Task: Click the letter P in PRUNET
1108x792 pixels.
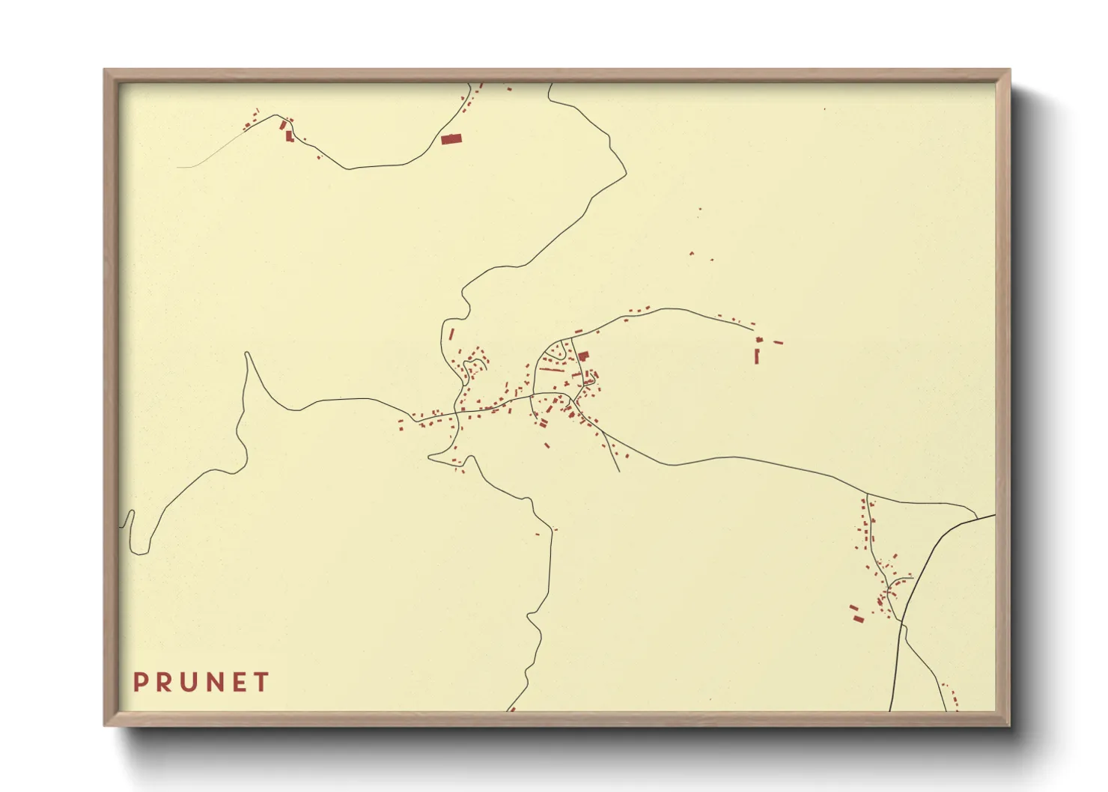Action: point(139,682)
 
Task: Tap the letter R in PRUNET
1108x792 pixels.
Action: point(164,682)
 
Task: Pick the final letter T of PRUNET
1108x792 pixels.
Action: point(261,682)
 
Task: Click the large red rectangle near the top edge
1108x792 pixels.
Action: point(451,138)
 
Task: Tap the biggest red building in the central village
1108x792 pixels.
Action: point(583,356)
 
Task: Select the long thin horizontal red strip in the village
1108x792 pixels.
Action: point(552,370)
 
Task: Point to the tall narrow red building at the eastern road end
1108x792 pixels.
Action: point(757,356)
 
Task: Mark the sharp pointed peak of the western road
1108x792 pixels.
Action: point(247,354)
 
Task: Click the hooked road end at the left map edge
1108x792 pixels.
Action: point(131,514)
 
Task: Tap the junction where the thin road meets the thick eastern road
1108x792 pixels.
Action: point(975,516)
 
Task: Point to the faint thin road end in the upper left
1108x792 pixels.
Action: point(180,166)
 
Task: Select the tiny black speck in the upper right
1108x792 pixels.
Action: point(825,109)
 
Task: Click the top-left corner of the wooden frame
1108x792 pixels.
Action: point(106,70)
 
